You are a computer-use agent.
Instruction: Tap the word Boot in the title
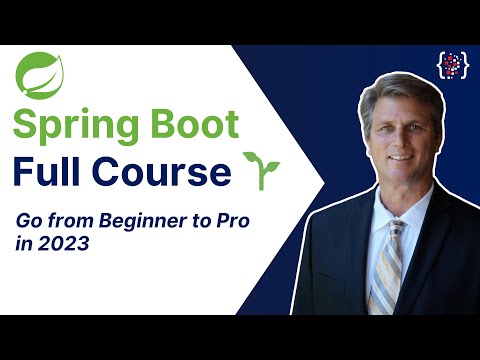(x=195, y=126)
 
